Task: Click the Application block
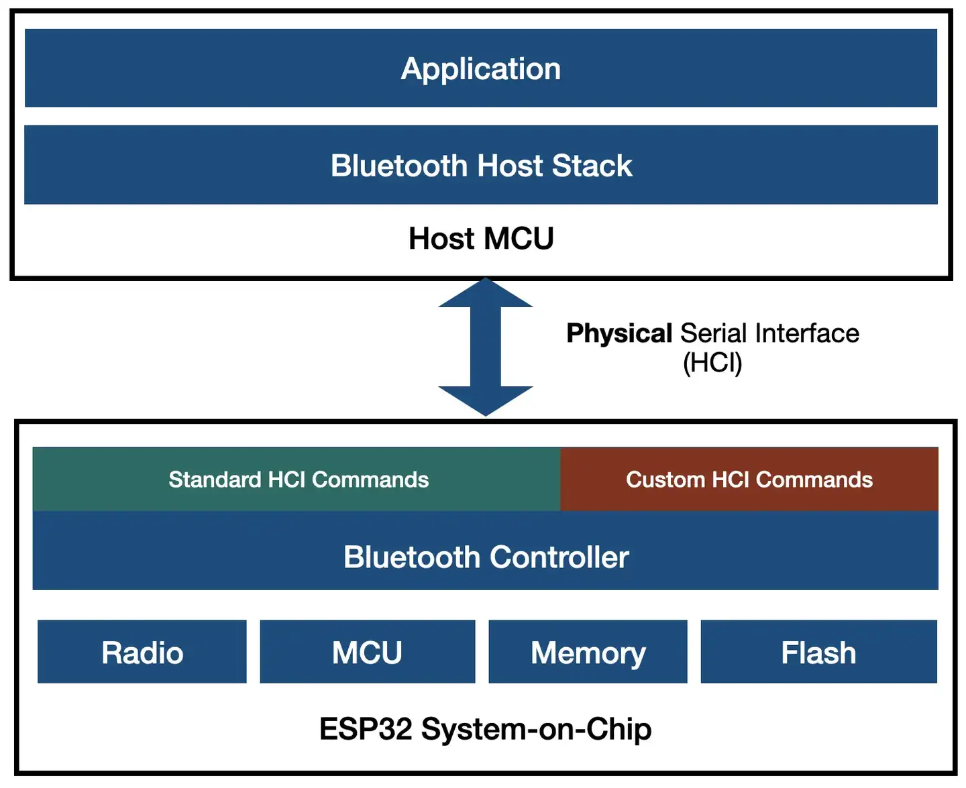[x=480, y=68]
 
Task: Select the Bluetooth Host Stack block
[x=480, y=165]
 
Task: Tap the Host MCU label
[x=481, y=239]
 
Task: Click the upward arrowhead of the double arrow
[x=485, y=295]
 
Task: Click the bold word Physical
[x=619, y=333]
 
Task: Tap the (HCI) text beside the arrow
[x=712, y=363]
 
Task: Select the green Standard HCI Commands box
[x=298, y=480]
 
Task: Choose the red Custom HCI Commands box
[x=749, y=480]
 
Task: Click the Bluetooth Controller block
[x=486, y=557]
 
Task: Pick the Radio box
[x=142, y=652]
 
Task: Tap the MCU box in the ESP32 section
[x=367, y=652]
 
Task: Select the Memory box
[x=588, y=652]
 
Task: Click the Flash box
[x=818, y=652]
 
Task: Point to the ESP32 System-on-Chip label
[x=485, y=729]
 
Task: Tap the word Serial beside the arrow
[x=713, y=333]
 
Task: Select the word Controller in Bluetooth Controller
[x=559, y=557]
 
